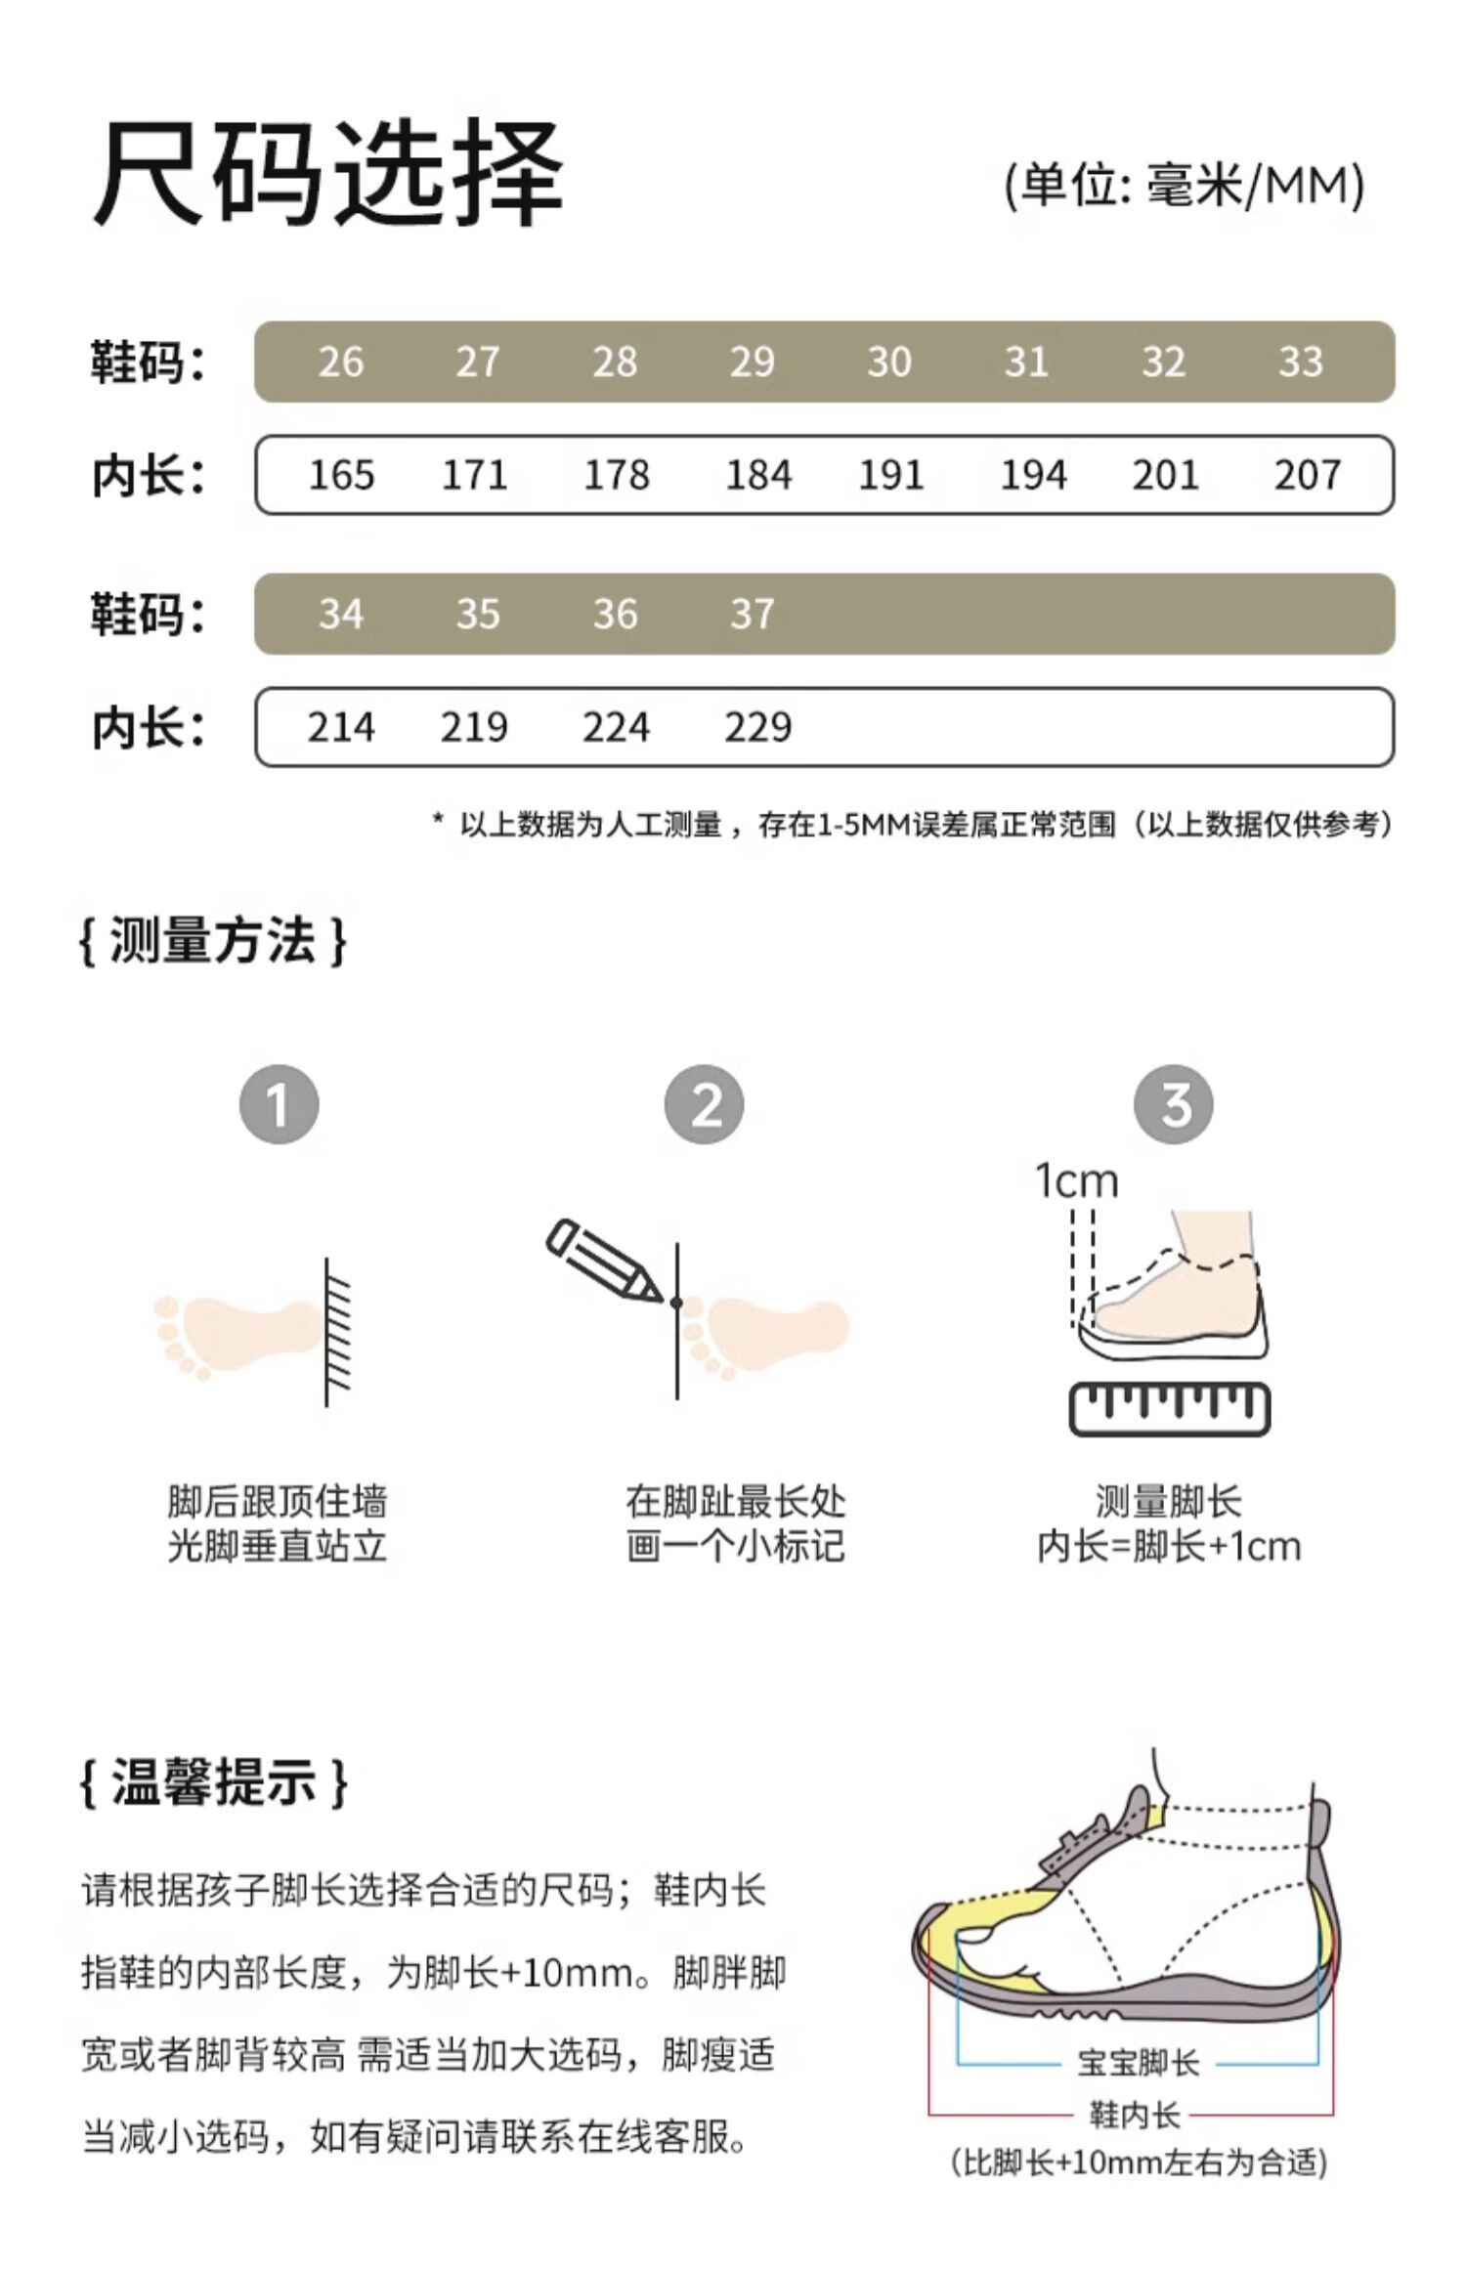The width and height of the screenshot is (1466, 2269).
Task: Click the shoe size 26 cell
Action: tap(340, 363)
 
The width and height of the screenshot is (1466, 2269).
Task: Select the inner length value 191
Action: tap(890, 476)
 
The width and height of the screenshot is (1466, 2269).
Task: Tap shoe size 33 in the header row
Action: tap(1300, 363)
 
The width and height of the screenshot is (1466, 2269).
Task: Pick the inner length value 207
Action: tap(1307, 476)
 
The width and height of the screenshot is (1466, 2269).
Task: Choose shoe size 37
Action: tap(752, 615)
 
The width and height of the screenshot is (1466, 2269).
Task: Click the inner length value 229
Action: tap(757, 728)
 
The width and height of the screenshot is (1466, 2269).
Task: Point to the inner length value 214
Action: tap(340, 728)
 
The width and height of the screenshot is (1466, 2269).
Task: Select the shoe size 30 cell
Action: tap(888, 363)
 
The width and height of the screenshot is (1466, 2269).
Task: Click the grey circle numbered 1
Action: tap(280, 1105)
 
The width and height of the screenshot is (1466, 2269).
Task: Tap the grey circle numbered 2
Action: tap(704, 1105)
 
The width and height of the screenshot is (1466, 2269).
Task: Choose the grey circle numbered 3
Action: tap(1173, 1105)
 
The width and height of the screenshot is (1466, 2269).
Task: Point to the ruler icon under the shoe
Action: tap(1170, 1408)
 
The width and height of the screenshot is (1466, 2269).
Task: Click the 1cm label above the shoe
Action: tap(1076, 1181)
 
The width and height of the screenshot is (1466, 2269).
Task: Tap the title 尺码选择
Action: tap(328, 174)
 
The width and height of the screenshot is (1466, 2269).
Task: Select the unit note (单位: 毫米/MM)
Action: tap(1185, 185)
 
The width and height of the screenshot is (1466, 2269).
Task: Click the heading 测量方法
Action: tap(213, 941)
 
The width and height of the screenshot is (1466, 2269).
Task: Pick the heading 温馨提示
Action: tap(213, 1781)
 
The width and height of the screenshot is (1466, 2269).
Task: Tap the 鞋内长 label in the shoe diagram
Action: tap(1134, 2115)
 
